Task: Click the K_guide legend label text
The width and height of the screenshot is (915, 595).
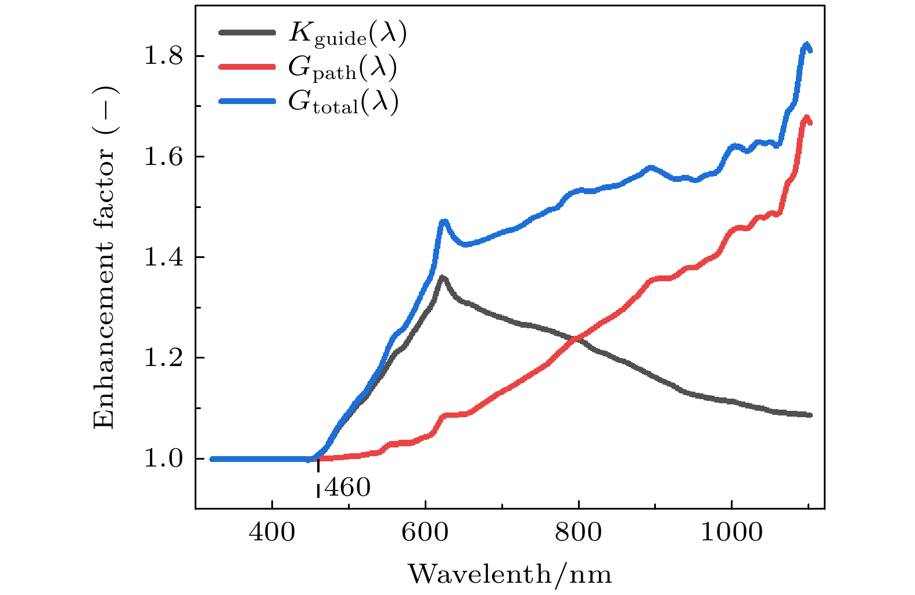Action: click(347, 34)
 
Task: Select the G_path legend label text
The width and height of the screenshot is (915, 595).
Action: click(342, 69)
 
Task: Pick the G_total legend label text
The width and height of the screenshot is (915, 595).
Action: click(343, 103)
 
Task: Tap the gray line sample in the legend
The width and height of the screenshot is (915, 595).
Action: click(247, 33)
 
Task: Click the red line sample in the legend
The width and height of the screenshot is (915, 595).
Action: click(247, 67)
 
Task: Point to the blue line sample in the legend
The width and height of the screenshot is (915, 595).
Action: click(247, 101)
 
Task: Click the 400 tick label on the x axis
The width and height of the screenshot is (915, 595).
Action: click(272, 532)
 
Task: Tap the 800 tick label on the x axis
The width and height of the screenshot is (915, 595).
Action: click(579, 532)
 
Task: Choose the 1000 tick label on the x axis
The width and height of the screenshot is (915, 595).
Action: click(731, 532)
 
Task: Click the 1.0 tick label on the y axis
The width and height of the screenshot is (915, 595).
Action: click(163, 459)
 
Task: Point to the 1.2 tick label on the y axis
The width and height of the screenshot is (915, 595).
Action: click(163, 358)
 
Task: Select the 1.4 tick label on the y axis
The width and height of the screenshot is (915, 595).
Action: click(163, 257)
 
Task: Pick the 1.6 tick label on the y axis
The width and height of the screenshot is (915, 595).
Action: click(163, 157)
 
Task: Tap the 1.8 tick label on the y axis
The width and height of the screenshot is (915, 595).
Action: click(163, 56)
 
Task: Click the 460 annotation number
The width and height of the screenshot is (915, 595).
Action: click(347, 488)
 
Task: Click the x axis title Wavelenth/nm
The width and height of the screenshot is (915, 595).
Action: click(509, 574)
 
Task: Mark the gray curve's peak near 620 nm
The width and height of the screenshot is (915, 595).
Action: click(443, 277)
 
